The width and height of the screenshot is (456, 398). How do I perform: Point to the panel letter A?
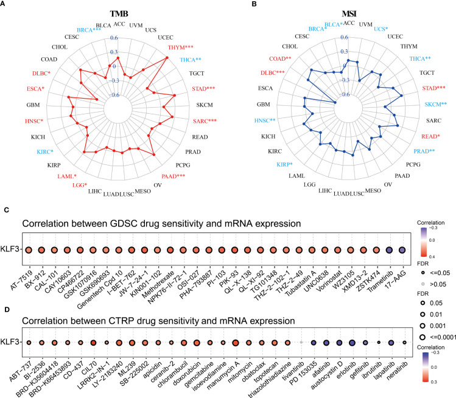click(4, 5)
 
